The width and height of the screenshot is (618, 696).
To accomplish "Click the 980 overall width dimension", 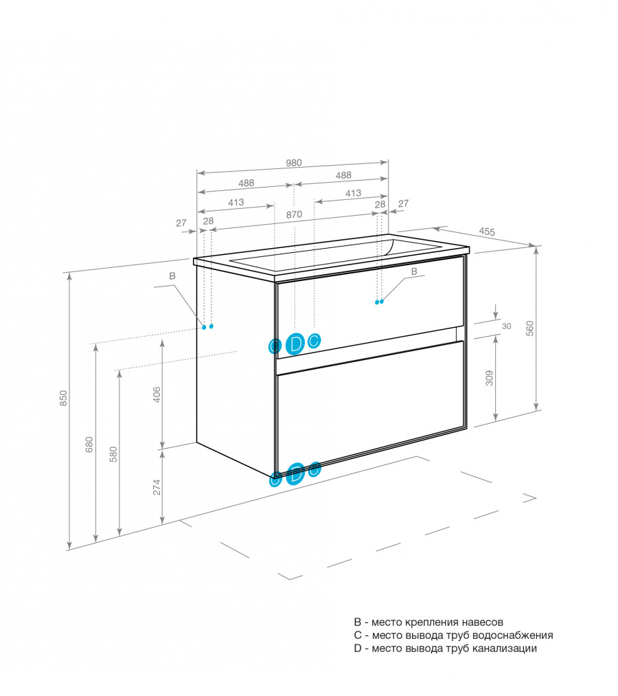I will tap(293, 164).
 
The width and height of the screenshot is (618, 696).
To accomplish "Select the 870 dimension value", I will tap(294, 214).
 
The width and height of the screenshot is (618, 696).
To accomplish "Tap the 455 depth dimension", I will tap(487, 232).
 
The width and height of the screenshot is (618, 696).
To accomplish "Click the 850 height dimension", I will tap(63, 398).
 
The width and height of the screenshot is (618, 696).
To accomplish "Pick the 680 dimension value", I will tap(89, 444).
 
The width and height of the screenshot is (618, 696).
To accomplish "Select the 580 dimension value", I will tap(113, 454).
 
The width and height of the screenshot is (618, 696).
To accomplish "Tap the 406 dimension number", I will tap(157, 394).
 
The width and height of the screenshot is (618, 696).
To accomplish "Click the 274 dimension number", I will tap(157, 486).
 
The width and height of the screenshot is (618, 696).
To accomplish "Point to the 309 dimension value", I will tap(489, 378).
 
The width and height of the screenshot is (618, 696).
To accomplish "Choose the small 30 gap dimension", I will tap(506, 326).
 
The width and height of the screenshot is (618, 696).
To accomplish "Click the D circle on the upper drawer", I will tap(295, 344).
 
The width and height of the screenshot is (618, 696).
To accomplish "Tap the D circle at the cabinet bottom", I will tap(295, 473).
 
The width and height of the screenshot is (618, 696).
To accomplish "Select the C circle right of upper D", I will tap(314, 340).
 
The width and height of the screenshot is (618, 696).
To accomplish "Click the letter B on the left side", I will tap(172, 276).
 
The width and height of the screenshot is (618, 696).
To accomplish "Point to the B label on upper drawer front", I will tap(413, 272).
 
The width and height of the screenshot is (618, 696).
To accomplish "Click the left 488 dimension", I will tap(246, 183).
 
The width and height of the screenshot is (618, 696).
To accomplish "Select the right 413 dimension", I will tap(353, 194).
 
